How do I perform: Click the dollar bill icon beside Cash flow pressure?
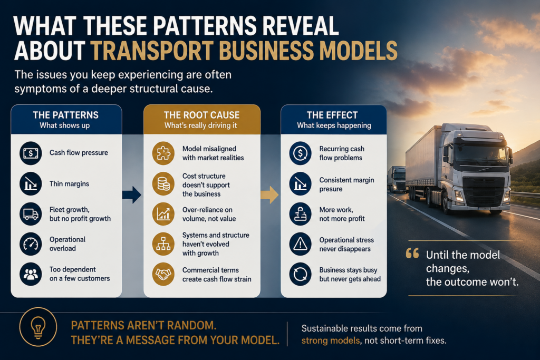31,153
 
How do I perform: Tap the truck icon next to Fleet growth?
31,214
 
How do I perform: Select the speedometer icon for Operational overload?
31,244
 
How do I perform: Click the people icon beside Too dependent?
31,274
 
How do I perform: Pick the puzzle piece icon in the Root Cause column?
163,153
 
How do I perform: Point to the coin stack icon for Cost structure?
163,184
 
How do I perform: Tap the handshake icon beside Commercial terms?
163,274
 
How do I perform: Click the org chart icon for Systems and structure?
163,244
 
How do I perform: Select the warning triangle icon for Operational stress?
300,244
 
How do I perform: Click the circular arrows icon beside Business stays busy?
300,274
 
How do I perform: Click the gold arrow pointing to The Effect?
269,195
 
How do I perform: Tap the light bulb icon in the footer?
38,327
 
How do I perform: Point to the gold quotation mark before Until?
412,254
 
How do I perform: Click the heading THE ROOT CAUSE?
202,115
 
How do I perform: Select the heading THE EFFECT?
332,115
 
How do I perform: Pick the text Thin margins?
69,184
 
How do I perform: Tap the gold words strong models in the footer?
331,340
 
